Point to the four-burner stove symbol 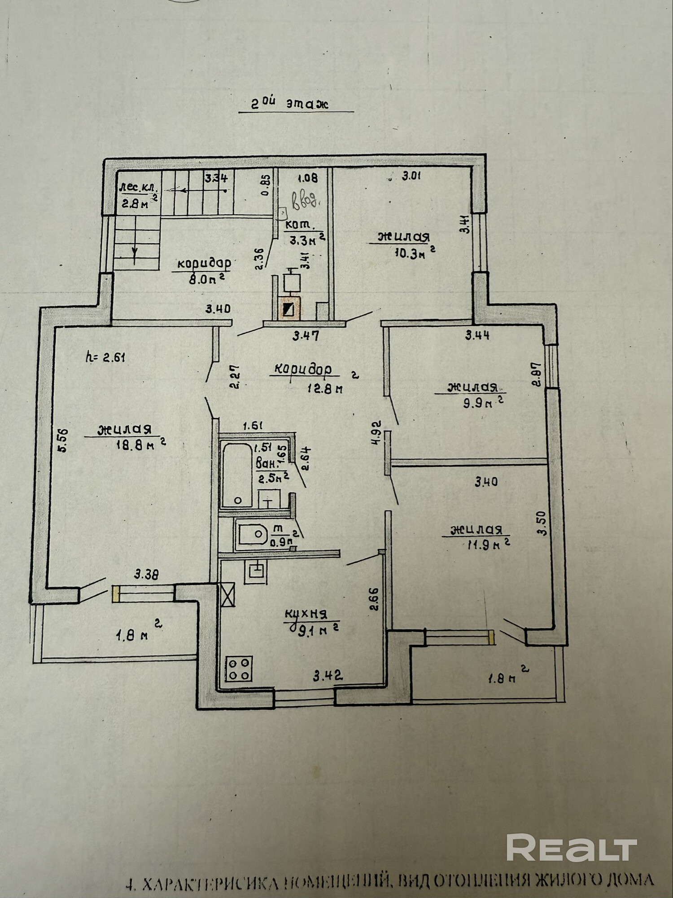(x=239, y=668)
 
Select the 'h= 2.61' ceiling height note (x=105, y=357)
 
